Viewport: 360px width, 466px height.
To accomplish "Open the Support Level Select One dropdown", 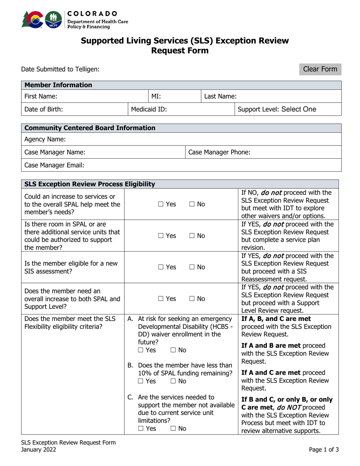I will click(x=288, y=110).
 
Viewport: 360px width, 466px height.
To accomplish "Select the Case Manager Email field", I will click(x=189, y=165).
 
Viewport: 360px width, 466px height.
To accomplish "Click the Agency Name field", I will click(x=189, y=139).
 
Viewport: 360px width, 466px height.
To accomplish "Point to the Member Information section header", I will click(x=58, y=85).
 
